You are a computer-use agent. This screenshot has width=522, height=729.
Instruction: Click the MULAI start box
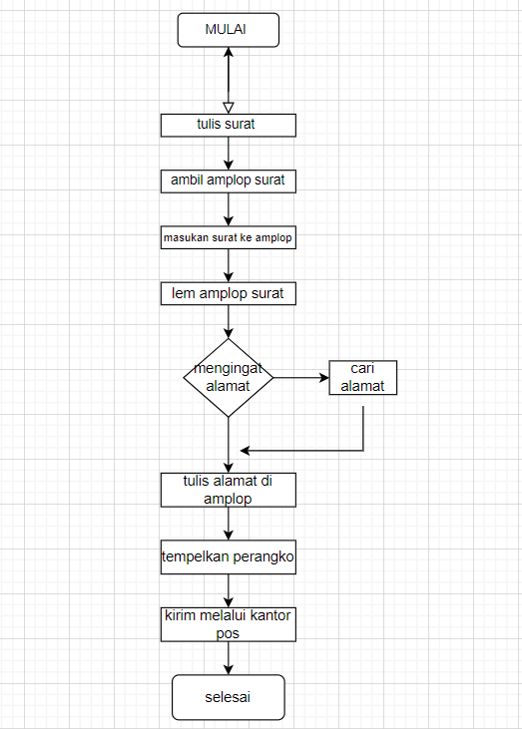(228, 30)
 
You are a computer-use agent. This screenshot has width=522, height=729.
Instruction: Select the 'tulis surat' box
(229, 125)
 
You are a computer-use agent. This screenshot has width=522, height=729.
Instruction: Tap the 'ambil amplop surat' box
(229, 182)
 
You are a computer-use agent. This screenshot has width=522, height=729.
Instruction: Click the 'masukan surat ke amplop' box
(229, 238)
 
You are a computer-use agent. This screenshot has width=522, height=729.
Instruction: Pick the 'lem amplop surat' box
(229, 294)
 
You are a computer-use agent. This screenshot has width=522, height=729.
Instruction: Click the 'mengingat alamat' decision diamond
(229, 378)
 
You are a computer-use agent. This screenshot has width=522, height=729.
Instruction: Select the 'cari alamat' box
(363, 378)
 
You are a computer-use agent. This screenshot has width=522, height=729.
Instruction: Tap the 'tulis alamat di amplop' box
(229, 489)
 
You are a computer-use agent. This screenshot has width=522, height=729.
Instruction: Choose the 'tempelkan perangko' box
(229, 558)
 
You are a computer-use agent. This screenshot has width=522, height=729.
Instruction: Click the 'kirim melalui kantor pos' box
(229, 623)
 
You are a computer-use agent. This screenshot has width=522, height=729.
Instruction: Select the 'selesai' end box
(228, 697)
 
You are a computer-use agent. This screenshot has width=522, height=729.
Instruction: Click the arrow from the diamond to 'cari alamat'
(300, 378)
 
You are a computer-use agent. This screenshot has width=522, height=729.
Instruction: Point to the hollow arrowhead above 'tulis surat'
(229, 107)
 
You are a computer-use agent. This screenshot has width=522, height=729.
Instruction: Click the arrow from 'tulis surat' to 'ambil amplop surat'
(229, 153)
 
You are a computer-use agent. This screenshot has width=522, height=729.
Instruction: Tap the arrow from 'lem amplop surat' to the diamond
(229, 321)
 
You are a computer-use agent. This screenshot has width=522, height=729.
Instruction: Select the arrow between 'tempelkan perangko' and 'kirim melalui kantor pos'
(229, 589)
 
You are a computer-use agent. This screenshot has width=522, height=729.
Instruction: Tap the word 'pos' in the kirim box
(229, 632)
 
